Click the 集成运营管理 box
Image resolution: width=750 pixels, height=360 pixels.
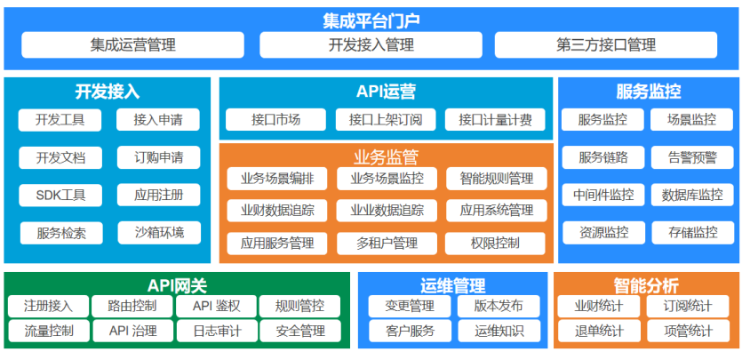132,45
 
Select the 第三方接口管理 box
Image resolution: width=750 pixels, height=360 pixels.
605,45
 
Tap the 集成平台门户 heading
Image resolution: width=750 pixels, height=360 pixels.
371,20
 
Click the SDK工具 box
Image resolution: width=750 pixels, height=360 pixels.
60,196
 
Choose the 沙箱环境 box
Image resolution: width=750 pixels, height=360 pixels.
159,233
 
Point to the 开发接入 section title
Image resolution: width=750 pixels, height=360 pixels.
108,92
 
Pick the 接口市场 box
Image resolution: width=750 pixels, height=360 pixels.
276,120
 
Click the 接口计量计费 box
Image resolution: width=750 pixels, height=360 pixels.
495,120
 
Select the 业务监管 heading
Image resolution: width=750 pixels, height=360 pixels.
386,156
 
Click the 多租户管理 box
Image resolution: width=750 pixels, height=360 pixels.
387,244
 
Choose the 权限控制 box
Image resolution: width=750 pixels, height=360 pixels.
495,244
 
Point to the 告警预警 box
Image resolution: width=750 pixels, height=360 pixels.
692,157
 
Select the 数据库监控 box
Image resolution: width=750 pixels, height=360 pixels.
692,196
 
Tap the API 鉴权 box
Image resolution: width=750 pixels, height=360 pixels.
216,307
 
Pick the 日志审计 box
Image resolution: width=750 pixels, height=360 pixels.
217,331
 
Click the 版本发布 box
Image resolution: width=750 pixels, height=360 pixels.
499,307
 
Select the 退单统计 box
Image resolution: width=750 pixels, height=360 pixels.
599,331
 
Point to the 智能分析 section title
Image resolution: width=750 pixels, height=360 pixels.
646,286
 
